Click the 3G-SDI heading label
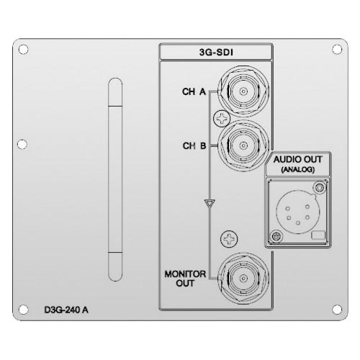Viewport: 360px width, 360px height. (x=216, y=53)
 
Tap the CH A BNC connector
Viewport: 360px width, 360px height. (x=243, y=91)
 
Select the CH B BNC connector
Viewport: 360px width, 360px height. (x=243, y=145)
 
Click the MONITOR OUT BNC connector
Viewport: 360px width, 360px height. (x=243, y=279)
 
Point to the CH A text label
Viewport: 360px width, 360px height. (x=194, y=91)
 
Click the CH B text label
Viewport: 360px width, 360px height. (x=194, y=145)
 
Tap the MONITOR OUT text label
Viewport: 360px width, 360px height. (x=185, y=279)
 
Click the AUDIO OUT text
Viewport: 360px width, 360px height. (x=297, y=159)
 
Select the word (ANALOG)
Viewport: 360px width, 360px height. (x=297, y=170)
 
